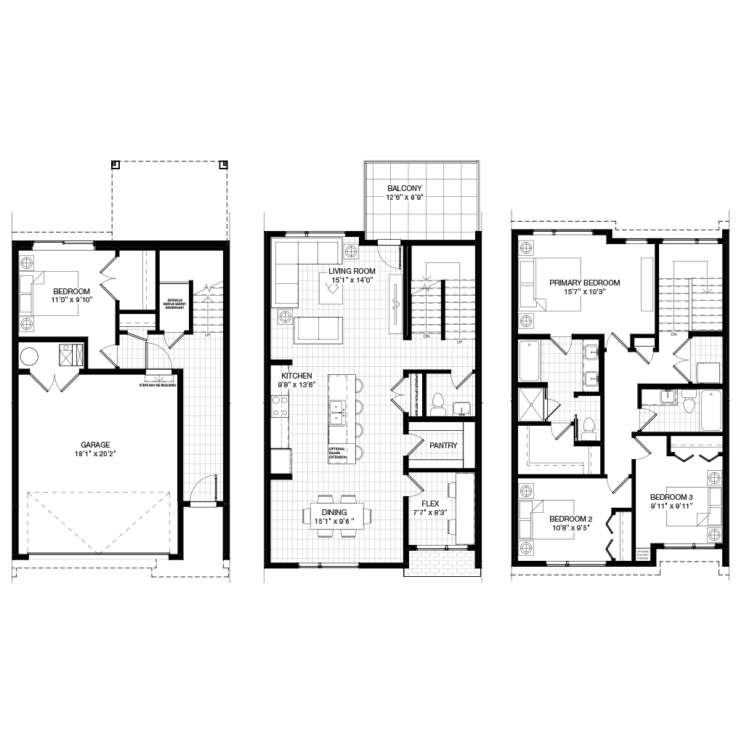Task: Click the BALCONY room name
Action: click(x=405, y=189)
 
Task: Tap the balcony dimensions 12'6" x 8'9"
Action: click(x=405, y=198)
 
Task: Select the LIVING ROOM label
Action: click(x=352, y=272)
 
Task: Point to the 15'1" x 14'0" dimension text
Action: click(x=352, y=280)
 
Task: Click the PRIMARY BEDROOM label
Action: click(x=584, y=283)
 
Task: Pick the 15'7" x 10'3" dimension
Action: click(x=584, y=292)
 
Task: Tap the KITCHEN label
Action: click(x=296, y=376)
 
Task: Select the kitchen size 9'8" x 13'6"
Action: click(x=296, y=385)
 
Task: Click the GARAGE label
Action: click(x=95, y=445)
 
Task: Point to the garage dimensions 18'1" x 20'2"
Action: click(x=95, y=454)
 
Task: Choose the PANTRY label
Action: click(x=443, y=446)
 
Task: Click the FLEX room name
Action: click(x=430, y=504)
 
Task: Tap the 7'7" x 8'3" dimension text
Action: click(x=430, y=513)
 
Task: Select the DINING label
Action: click(x=334, y=512)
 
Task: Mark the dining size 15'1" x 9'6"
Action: click(x=334, y=521)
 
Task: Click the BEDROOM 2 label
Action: click(x=570, y=519)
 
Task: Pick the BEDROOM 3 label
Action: click(x=671, y=498)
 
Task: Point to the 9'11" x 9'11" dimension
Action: click(x=671, y=506)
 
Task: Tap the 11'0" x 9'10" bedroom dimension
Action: click(x=72, y=300)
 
